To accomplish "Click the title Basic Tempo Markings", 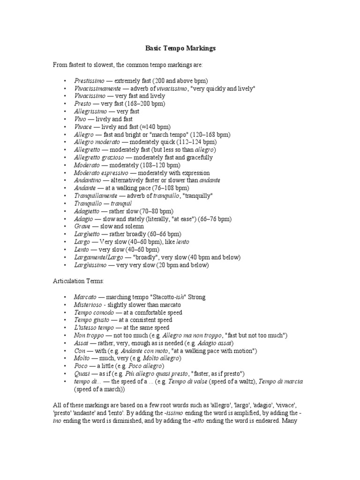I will (x=180, y=48).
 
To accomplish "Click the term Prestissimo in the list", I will (x=90, y=81).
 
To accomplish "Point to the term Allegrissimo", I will (x=91, y=112).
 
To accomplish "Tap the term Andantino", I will (x=88, y=180).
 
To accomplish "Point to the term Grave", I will (x=82, y=226).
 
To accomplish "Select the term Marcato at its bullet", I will (x=85, y=297).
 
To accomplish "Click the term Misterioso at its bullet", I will (x=87, y=305).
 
